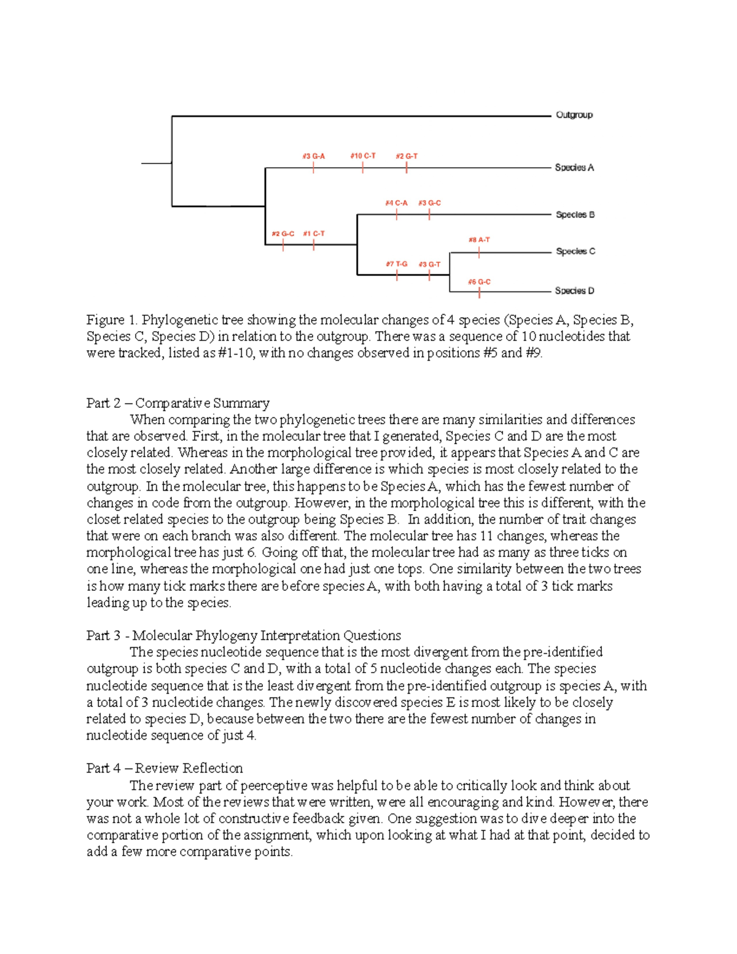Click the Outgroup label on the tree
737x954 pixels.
point(574,115)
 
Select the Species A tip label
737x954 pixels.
point(574,167)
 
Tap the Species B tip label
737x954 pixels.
point(575,214)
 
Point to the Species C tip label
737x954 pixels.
point(575,251)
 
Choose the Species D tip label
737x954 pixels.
point(574,291)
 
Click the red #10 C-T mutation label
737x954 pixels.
point(362,156)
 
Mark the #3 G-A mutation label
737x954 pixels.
point(313,156)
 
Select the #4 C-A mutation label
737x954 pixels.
point(396,203)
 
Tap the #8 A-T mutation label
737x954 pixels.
point(479,240)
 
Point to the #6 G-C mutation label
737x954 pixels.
point(479,282)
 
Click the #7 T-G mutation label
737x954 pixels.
point(396,264)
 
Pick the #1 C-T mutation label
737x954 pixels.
point(314,233)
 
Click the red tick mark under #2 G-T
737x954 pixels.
point(407,167)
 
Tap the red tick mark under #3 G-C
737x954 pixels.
point(429,214)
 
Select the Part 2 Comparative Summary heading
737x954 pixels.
point(177,403)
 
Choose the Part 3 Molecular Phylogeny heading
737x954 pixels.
point(243,635)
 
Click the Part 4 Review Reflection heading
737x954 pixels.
point(164,768)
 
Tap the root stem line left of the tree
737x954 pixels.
point(156,163)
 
